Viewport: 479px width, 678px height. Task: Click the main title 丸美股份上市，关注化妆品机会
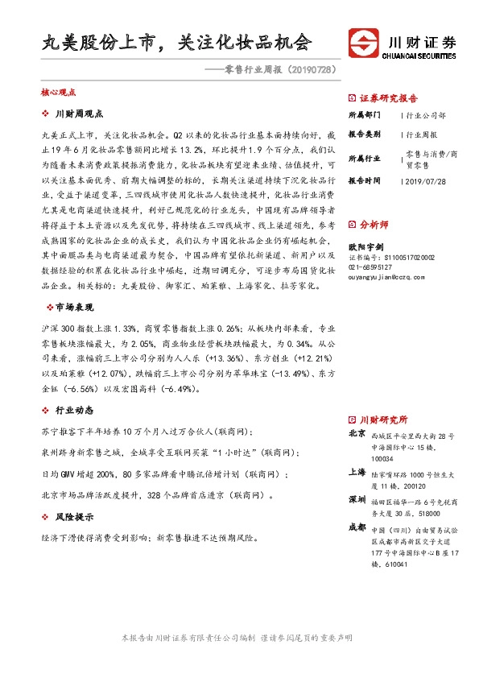pos(176,42)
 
